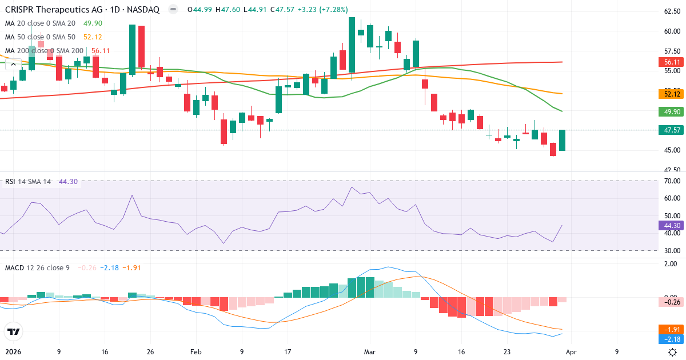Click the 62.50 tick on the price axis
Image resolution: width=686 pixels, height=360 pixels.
coord(671,11)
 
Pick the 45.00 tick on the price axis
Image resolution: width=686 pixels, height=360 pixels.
coord(671,150)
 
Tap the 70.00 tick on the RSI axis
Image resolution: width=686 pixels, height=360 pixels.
coord(672,181)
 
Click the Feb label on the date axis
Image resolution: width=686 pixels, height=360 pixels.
coord(196,352)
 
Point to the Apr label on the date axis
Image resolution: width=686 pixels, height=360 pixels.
coord(572,352)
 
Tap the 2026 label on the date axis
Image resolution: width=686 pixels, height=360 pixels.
coord(13,352)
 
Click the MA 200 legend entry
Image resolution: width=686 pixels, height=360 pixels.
coord(45,51)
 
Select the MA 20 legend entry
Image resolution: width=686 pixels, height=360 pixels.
coord(40,23)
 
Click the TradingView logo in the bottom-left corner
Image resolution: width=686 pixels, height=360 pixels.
coord(13,331)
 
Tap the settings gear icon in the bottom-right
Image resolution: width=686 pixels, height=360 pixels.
coord(673,352)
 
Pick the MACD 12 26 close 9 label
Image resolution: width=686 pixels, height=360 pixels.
coord(37,267)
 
